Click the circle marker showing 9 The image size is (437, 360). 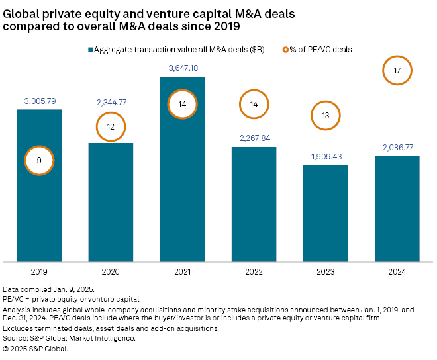click(39, 161)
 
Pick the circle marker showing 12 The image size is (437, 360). click(111, 126)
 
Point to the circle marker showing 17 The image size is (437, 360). click(397, 70)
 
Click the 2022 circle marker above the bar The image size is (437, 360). click(254, 105)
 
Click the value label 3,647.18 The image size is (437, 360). click(182, 68)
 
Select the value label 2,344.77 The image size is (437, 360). click(111, 102)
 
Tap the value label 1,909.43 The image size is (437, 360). click(325, 156)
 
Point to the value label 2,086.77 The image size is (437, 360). click(397, 148)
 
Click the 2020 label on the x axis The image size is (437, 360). click(111, 271)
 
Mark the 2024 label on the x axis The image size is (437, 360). click(397, 271)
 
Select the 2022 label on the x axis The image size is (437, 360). click(254, 271)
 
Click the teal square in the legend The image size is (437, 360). click(90, 50)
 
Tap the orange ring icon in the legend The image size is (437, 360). click(286, 50)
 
